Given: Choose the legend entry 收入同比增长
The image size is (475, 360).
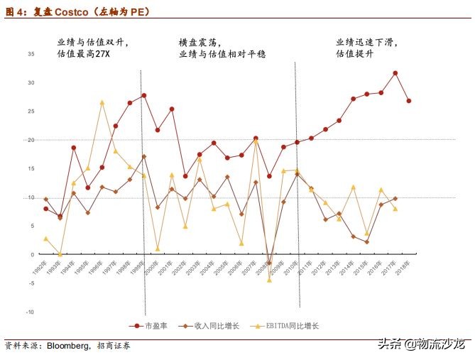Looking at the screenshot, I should click(217, 326).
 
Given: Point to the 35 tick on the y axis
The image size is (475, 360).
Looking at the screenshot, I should click(31, 55).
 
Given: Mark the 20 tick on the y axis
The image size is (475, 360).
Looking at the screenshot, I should click(31, 140).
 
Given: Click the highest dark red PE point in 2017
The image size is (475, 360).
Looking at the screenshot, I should click(395, 73).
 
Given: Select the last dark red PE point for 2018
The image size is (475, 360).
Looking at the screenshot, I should click(409, 101).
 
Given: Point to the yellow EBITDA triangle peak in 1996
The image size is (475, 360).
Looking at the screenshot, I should click(102, 103).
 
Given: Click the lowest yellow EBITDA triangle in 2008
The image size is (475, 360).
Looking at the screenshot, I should click(269, 280).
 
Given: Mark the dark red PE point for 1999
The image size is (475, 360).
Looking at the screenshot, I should click(144, 95).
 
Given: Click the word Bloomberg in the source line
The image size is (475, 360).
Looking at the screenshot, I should click(68, 347).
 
